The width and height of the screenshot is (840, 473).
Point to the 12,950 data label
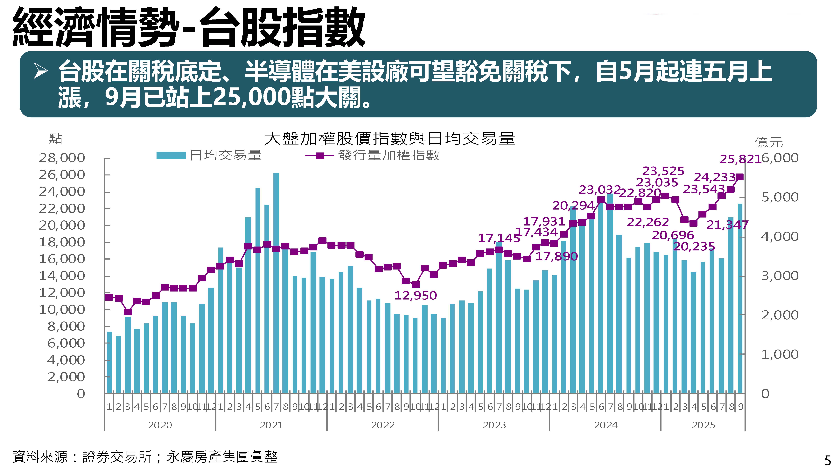(x=415, y=296)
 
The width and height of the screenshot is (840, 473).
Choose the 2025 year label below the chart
(x=703, y=425)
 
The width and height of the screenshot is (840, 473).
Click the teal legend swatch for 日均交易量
(x=171, y=155)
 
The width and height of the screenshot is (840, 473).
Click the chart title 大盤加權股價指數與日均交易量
(x=390, y=138)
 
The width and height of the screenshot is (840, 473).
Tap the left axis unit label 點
(x=55, y=139)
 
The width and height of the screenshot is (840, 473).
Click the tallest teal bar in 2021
(x=276, y=282)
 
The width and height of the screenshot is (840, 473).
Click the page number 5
(x=828, y=461)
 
